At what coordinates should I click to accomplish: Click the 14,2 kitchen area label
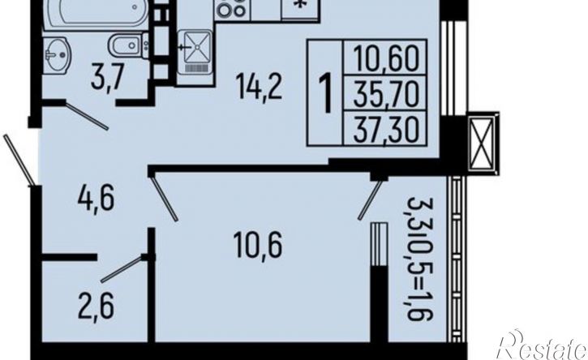[x=259, y=87]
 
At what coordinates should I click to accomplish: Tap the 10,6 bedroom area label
[x=257, y=244]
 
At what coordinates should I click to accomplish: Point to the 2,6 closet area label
[x=96, y=306]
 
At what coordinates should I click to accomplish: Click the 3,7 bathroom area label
[x=107, y=77]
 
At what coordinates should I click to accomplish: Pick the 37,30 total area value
[x=386, y=128]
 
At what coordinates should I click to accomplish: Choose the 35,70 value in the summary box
[x=386, y=94]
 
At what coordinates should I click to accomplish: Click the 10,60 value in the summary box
[x=386, y=58]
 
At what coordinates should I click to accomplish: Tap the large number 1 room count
[x=325, y=93]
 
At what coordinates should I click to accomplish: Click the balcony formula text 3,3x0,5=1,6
[x=419, y=259]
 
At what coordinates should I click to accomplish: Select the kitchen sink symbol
[x=195, y=52]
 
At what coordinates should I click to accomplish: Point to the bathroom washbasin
[x=56, y=55]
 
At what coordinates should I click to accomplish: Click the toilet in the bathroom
[x=128, y=45]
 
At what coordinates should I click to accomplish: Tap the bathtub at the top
[x=97, y=13]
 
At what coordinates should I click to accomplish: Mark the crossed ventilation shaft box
[x=483, y=144]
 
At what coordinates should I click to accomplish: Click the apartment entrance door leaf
[x=19, y=160]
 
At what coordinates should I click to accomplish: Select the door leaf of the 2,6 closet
[x=122, y=269]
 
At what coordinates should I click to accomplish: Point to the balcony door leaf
[x=370, y=200]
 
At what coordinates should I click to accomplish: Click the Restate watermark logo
[x=542, y=345]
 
